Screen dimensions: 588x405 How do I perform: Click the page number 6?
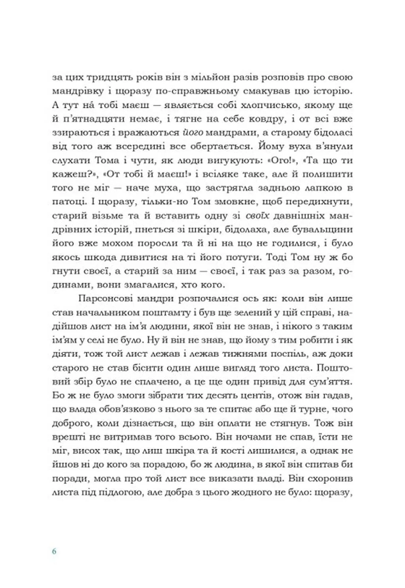point(54,551)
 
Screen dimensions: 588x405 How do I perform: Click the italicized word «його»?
point(194,133)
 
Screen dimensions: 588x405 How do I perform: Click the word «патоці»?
point(66,202)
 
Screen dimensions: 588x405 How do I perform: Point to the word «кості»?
point(230,451)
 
